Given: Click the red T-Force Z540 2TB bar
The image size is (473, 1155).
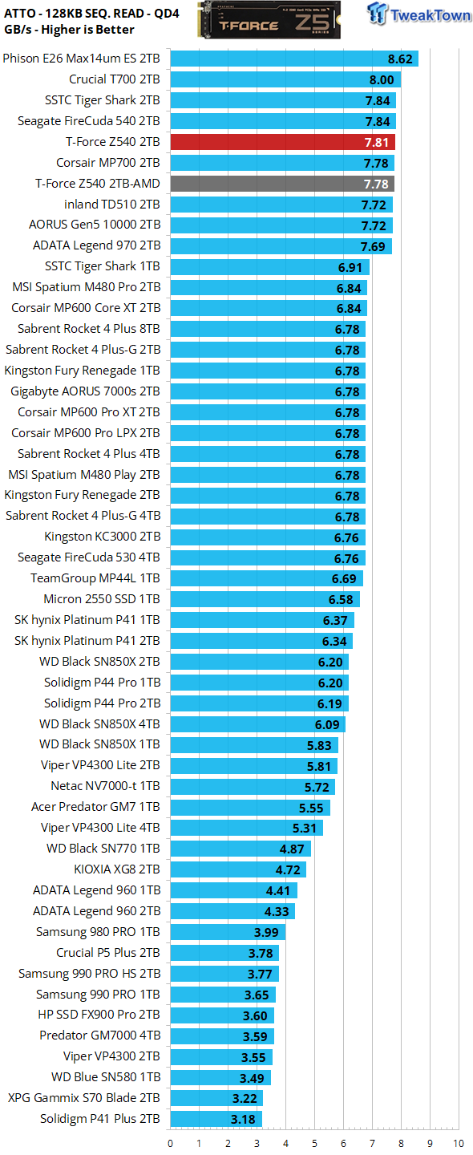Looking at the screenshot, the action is (x=282, y=142).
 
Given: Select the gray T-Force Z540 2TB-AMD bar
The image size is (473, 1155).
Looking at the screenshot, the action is (x=282, y=184).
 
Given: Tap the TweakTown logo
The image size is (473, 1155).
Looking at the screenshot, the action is (x=418, y=14).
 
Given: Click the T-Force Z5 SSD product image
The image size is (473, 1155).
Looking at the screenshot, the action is (x=269, y=19).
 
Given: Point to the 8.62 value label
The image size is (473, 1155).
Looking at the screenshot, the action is (x=400, y=59).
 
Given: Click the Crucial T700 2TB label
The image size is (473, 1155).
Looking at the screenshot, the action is (x=115, y=79).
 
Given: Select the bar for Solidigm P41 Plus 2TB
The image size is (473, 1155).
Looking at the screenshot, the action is (x=216, y=1118).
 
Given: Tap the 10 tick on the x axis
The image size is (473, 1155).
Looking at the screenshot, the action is (x=458, y=1143).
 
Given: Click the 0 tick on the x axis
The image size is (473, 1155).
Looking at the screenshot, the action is (x=171, y=1143).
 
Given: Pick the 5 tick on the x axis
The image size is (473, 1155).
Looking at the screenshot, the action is (x=314, y=1143).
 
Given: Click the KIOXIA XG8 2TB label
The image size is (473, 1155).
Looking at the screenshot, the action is (x=117, y=869).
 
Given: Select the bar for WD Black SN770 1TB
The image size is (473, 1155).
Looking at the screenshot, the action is (x=241, y=849).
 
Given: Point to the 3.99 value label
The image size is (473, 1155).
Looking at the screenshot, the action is (x=266, y=932).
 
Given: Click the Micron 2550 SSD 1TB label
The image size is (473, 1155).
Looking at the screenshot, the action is (x=102, y=599).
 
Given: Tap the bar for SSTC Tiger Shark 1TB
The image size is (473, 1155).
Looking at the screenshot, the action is (x=270, y=266).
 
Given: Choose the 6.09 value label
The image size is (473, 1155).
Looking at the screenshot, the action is (x=327, y=724).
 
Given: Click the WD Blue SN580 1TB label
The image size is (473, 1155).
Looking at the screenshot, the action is (x=106, y=1077).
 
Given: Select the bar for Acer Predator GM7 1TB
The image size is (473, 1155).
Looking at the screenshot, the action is (x=250, y=807).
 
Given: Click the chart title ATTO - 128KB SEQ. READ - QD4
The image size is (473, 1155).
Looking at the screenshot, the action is (x=91, y=14).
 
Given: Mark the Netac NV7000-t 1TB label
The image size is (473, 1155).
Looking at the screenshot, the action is (x=105, y=786).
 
